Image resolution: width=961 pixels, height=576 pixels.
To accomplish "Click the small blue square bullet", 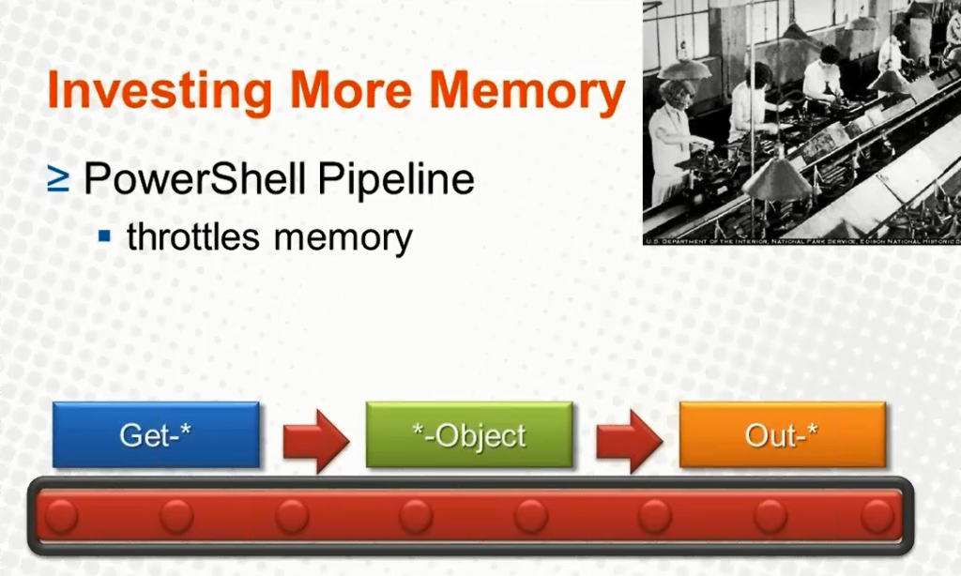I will [105, 235].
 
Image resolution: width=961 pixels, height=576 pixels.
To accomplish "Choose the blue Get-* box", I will [156, 434].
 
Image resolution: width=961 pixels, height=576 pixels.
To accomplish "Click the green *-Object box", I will [469, 434].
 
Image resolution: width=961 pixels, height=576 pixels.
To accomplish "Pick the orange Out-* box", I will [782, 434].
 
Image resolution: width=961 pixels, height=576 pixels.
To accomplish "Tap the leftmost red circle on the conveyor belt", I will [62, 516].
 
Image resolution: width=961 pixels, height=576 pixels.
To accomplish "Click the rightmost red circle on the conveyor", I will [877, 516].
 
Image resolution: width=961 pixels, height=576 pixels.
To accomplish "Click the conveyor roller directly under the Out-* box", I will [770, 516].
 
